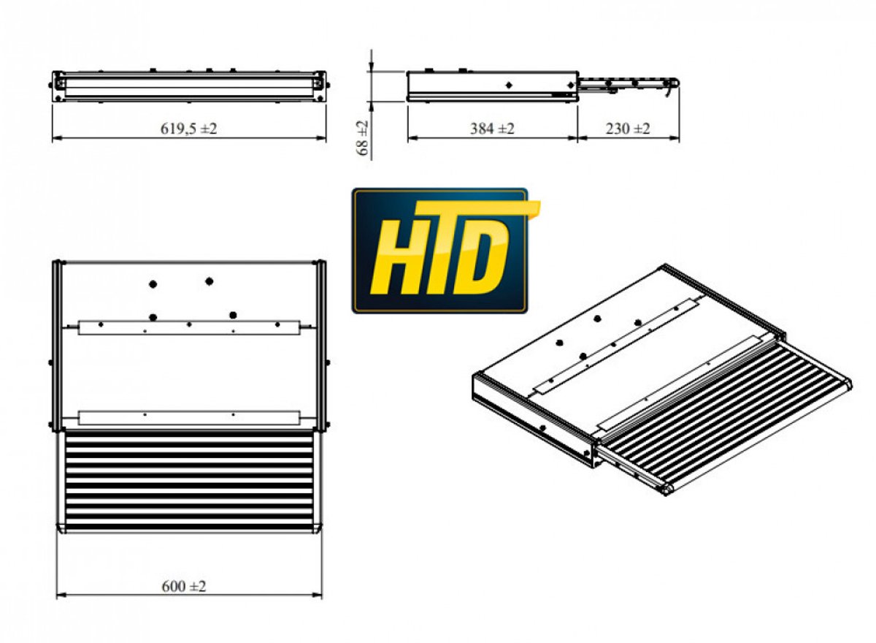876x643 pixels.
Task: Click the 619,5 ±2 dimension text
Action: (188, 129)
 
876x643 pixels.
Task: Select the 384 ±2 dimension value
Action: (492, 129)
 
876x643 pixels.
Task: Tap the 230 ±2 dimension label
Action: (628, 129)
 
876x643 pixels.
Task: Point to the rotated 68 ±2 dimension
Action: (363, 137)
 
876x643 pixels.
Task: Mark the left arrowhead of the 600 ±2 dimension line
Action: (61, 606)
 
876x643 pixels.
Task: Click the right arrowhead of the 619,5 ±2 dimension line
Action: (321, 138)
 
